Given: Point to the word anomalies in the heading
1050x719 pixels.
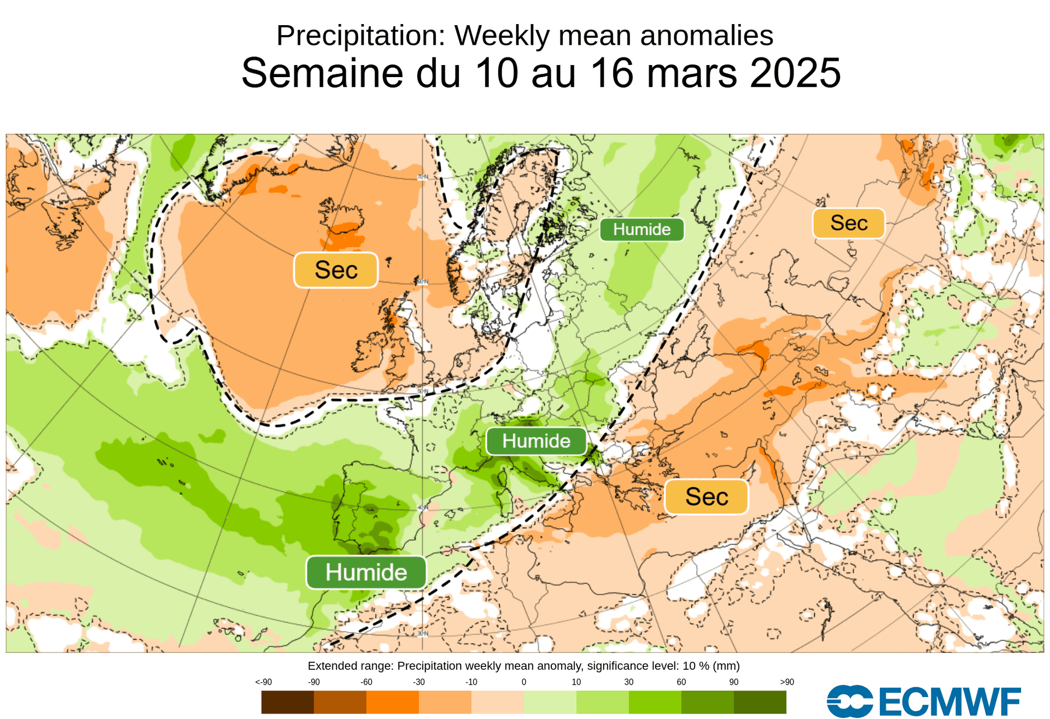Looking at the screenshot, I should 707,36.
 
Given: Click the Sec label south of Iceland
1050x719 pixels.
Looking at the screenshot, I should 336,270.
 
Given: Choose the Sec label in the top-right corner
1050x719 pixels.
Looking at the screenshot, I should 848,223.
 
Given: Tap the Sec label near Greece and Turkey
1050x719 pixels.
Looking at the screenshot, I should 706,497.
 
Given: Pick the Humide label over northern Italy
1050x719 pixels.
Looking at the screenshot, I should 536,441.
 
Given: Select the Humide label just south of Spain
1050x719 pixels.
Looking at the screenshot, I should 366,572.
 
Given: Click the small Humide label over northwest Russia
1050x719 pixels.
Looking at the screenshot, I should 641,230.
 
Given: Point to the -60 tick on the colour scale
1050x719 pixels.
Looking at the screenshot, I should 366,682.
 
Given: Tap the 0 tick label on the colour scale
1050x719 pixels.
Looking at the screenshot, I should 523,682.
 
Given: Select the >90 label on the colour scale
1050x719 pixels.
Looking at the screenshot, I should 786,682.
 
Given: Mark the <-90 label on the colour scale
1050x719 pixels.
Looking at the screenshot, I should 263,682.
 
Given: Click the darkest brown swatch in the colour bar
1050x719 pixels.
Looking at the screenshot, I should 287,702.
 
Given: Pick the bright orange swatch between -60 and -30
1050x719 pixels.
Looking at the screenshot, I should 392,702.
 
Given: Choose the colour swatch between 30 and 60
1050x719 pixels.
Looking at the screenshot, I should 655,702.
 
